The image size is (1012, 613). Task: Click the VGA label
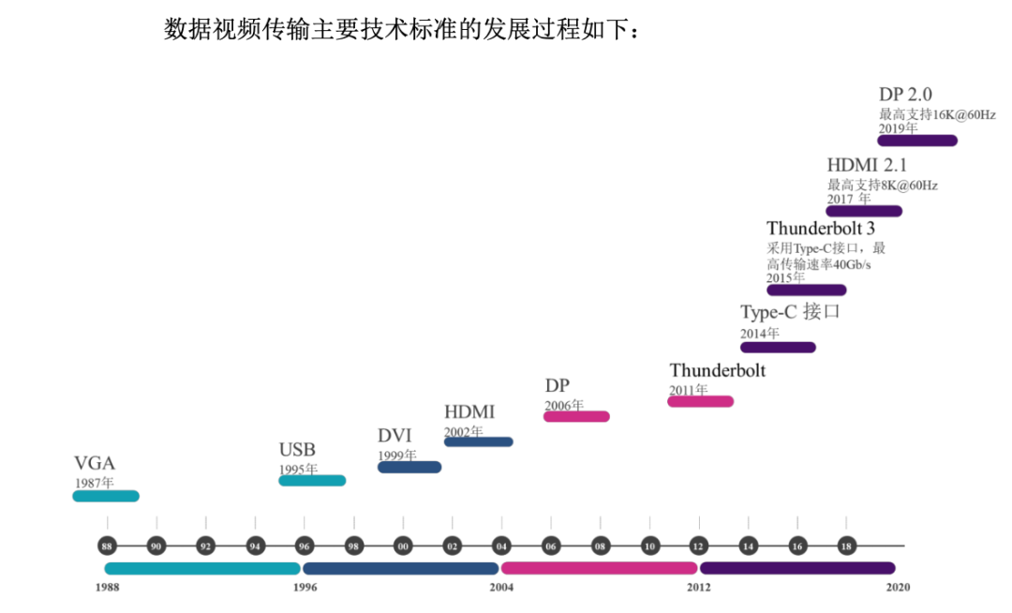click(x=95, y=463)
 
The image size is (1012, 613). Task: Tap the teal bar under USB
click(x=312, y=481)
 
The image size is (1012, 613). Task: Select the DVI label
click(x=394, y=436)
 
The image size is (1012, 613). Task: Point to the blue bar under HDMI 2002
click(x=478, y=441)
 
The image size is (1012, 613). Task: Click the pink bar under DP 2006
click(x=576, y=416)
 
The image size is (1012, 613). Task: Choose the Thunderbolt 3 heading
click(x=821, y=229)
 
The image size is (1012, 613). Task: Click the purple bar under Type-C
click(x=778, y=348)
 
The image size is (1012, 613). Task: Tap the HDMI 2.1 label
click(x=867, y=165)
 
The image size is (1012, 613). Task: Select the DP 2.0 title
click(x=905, y=95)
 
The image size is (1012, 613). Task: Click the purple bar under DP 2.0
click(x=917, y=141)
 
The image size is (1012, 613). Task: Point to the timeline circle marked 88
click(x=107, y=546)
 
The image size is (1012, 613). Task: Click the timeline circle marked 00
click(x=403, y=546)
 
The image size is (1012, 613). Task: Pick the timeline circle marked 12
click(x=698, y=546)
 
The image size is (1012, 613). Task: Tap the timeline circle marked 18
click(x=846, y=546)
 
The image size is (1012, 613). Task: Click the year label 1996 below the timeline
click(x=304, y=588)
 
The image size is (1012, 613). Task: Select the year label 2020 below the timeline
click(x=897, y=588)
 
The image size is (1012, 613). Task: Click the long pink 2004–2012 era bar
click(x=599, y=568)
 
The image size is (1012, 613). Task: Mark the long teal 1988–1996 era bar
click(x=202, y=568)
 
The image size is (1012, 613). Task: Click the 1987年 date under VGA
click(x=95, y=483)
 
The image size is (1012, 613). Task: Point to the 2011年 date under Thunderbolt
click(x=689, y=390)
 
